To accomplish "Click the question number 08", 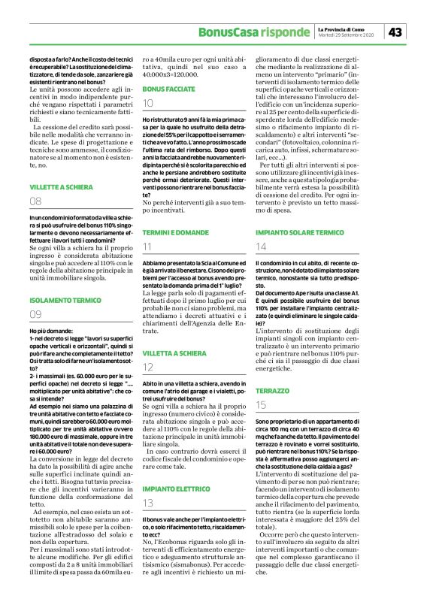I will [36, 201].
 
